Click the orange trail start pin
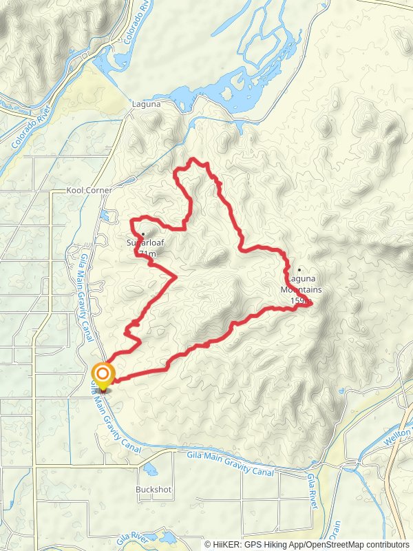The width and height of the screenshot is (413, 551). (103, 375)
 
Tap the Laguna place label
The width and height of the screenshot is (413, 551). (146, 104)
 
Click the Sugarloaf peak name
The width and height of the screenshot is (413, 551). (145, 242)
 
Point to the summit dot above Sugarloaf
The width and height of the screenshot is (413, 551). (142, 233)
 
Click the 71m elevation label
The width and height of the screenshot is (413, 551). (147, 254)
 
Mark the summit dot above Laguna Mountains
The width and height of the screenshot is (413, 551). (299, 270)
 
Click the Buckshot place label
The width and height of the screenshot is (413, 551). (153, 490)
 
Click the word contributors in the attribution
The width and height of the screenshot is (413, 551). (388, 544)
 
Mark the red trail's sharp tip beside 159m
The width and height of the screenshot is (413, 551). (312, 302)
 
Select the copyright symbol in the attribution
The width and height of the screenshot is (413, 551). (208, 544)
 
